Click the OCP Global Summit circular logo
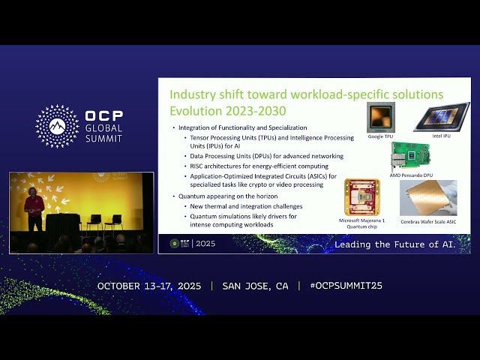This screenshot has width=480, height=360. pos(57,126)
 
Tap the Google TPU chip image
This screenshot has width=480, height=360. pos(380,118)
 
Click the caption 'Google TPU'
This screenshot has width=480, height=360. pos(380,137)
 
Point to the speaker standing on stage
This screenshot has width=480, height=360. pos(33,209)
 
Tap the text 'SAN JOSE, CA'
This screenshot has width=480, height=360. pos(255,286)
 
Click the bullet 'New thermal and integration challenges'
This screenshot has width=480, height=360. pos(246,205)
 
